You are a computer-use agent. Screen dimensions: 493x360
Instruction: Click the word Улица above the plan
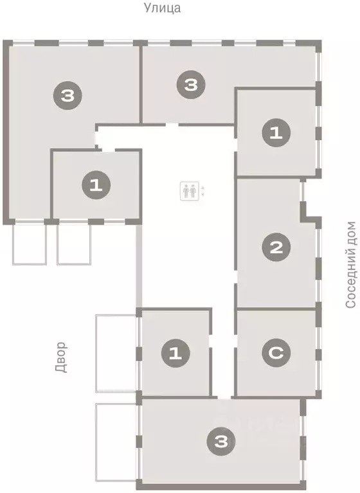coord(162,8)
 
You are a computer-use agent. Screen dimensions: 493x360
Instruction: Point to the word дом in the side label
coord(350,235)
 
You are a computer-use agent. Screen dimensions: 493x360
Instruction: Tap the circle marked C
coord(276,352)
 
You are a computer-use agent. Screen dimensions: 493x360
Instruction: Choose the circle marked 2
coord(276,247)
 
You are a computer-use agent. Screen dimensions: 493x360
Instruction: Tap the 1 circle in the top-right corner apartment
coord(276,134)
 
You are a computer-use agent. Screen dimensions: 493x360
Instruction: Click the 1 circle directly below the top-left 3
coord(96,186)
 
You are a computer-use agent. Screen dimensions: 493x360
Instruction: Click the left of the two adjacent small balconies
coord(30,244)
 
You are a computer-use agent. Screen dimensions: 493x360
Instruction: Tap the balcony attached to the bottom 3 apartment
coord(116,443)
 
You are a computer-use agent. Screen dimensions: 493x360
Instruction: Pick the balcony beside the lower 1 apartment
coord(115,353)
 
